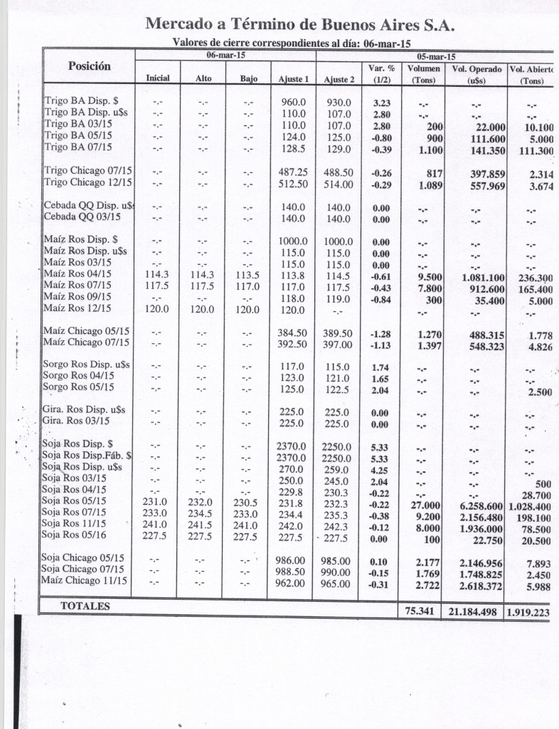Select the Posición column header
(x=89, y=66)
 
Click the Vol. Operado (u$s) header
(x=476, y=75)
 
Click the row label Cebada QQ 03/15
(x=82, y=217)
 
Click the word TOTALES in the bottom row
(x=85, y=606)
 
